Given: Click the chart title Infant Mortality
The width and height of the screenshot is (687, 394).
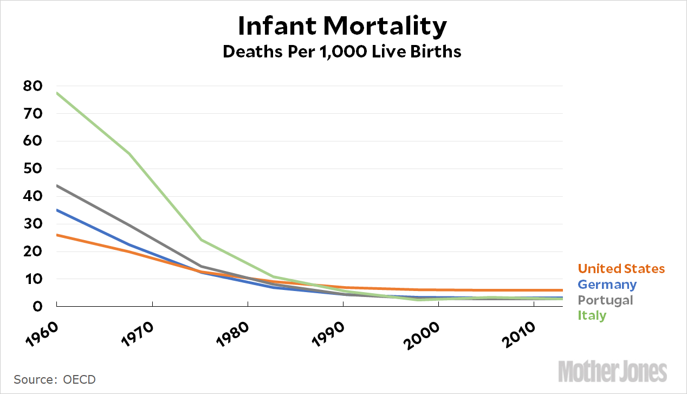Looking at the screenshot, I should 342,26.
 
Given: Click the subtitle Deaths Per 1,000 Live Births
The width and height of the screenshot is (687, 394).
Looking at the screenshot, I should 342,52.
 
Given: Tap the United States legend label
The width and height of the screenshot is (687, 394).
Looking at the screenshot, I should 621,269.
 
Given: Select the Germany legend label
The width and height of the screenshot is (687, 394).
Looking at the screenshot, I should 607,285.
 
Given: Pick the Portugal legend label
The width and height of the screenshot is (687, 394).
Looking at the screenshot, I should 605,300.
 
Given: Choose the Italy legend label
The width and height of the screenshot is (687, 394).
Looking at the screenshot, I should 592,315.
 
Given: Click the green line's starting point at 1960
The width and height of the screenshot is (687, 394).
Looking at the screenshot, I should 57,93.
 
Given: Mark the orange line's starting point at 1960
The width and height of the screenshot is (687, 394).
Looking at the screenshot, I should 57,235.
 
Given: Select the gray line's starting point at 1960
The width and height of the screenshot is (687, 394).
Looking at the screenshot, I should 57,185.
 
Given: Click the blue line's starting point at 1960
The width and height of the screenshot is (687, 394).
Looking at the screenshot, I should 57,210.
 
